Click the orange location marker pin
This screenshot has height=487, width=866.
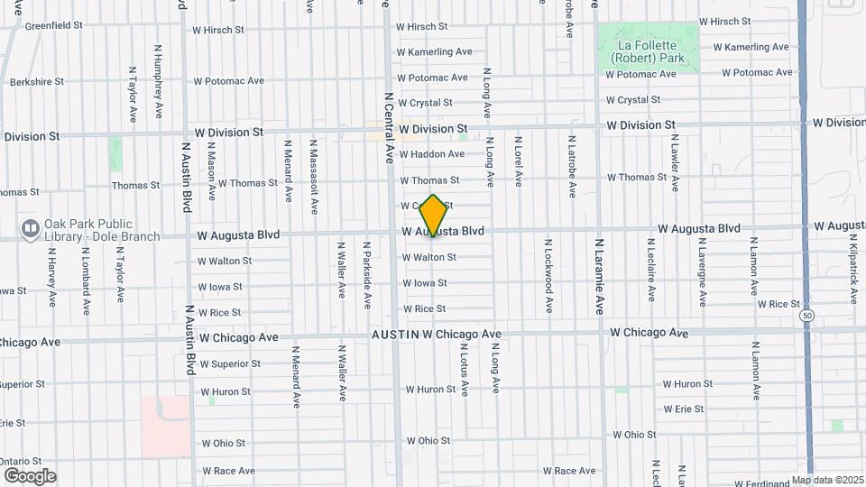tap(434, 216)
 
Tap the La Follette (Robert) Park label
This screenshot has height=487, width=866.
tap(647, 51)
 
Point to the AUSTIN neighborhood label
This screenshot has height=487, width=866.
tap(396, 335)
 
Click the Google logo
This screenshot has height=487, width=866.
tap(30, 475)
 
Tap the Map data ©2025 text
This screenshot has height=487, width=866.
tap(828, 480)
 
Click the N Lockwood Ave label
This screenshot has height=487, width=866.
tap(547, 276)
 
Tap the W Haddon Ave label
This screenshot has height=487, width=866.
tap(431, 154)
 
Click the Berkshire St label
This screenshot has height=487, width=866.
tap(37, 82)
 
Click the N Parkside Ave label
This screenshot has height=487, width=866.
tap(366, 273)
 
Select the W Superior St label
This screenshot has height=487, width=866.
tap(230, 364)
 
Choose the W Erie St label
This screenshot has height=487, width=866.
tap(682, 409)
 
